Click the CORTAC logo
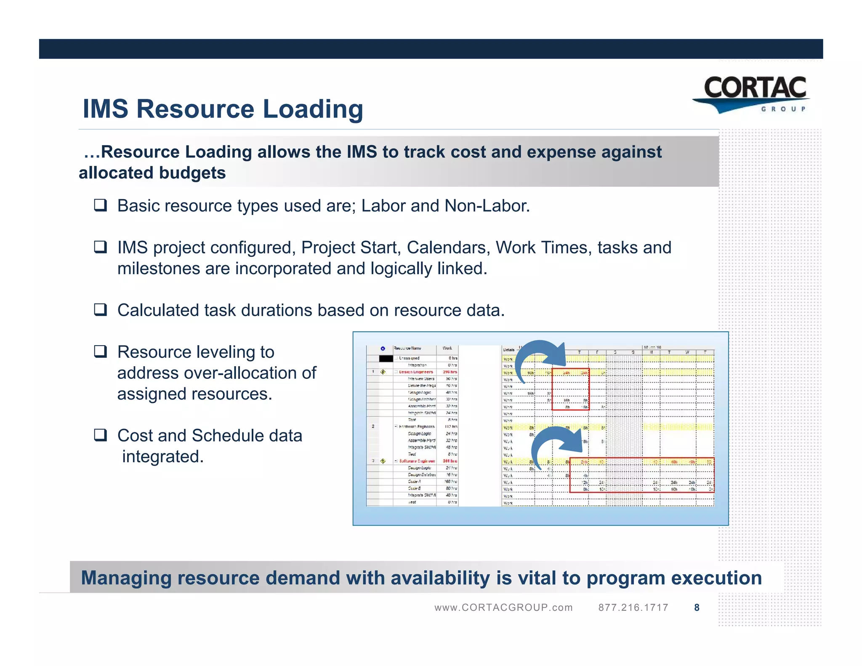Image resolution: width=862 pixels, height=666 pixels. [753, 94]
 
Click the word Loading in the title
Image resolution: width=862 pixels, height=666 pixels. [313, 109]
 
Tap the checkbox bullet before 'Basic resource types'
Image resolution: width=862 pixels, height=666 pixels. [100, 205]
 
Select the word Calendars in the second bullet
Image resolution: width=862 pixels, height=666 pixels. [448, 248]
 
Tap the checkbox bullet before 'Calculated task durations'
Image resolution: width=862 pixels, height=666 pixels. [100, 310]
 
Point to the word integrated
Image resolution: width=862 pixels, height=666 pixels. [163, 456]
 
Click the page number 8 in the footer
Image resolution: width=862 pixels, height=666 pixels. [697, 607]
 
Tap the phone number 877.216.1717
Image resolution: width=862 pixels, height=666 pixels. [633, 607]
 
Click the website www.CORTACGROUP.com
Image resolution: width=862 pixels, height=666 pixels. [503, 607]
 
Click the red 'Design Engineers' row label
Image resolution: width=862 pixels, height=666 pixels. [416, 372]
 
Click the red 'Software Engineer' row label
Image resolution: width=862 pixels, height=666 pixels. [417, 461]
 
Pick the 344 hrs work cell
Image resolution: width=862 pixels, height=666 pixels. [450, 461]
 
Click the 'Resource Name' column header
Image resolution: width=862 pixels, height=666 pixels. [407, 349]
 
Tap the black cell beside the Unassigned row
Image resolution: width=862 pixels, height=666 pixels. [386, 359]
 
